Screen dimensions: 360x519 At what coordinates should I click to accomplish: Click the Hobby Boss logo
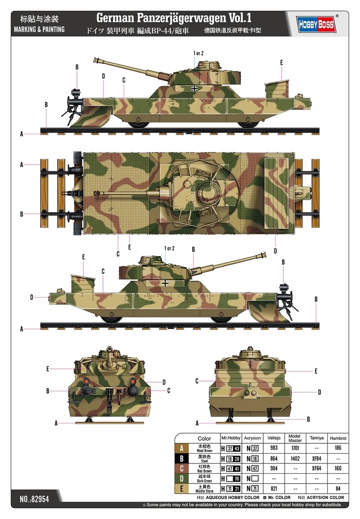coord(316,24)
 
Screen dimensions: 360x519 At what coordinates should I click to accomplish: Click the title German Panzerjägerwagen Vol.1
coord(174,18)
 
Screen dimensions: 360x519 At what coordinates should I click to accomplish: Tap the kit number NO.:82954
coord(34,499)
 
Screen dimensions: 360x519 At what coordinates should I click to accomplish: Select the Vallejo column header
coord(274,438)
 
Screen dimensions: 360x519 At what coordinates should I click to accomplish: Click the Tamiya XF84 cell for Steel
coord(316,458)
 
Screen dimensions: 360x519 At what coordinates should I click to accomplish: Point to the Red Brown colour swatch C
coord(182,468)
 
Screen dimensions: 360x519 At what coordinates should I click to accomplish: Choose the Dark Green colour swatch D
coord(182,479)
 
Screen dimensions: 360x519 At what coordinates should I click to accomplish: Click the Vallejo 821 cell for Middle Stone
coord(274,489)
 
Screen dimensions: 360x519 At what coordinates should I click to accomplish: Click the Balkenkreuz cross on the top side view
coord(194,89)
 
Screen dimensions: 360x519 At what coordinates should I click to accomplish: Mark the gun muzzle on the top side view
coord(95,60)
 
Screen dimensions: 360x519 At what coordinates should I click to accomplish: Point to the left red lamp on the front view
coord(86,381)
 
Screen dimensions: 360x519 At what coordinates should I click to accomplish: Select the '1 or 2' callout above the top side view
coord(198,53)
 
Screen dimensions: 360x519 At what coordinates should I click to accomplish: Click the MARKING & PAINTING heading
coord(39,29)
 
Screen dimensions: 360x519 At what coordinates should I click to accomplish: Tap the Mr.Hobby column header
coord(231,438)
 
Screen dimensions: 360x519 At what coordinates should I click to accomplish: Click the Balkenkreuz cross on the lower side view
coord(165,283)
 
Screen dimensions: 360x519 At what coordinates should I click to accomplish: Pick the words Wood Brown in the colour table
coord(204,451)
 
